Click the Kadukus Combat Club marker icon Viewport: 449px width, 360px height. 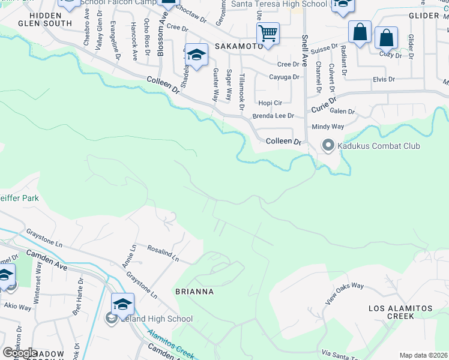click(328, 146)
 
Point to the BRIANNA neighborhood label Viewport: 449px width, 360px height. click(194, 292)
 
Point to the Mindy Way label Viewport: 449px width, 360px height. click(328, 127)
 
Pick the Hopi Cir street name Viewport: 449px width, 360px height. click(270, 103)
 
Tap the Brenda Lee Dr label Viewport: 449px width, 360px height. click(273, 116)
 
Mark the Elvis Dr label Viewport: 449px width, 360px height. click(384, 79)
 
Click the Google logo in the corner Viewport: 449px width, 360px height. click(20, 353)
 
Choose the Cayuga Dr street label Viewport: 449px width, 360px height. click(284, 77)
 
